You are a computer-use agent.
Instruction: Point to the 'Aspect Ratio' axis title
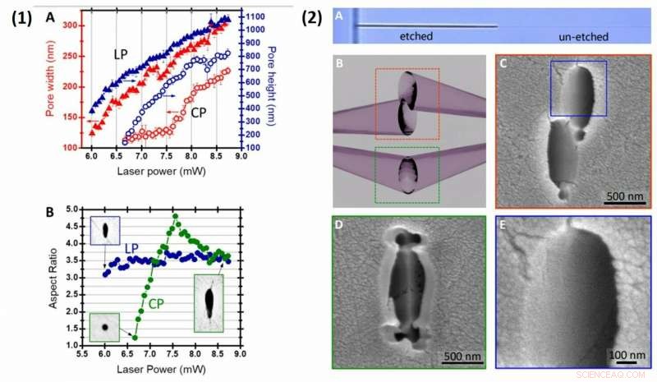coord(53,276)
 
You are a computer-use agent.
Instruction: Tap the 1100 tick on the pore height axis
coord(252,16)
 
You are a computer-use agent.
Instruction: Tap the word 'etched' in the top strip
coord(416,37)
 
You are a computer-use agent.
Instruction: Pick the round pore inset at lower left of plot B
coord(104,326)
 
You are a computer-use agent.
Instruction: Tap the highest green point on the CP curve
coord(175,216)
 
